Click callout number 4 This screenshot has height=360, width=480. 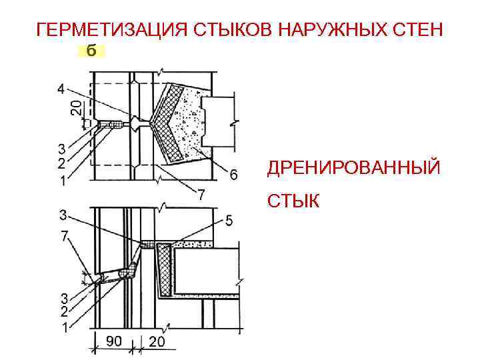pyautogui.click(x=61, y=89)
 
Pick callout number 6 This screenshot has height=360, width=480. pyautogui.click(x=233, y=175)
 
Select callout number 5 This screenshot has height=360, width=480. pyautogui.click(x=229, y=221)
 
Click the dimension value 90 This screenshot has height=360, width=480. pyautogui.click(x=114, y=341)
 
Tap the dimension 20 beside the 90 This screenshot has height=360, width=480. pyautogui.click(x=157, y=341)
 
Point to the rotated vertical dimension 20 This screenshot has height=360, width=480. pyautogui.click(x=77, y=107)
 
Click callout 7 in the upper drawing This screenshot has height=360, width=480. pyautogui.click(x=200, y=195)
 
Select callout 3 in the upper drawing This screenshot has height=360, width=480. pyautogui.click(x=61, y=148)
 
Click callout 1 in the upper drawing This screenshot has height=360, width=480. pyautogui.click(x=61, y=181)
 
